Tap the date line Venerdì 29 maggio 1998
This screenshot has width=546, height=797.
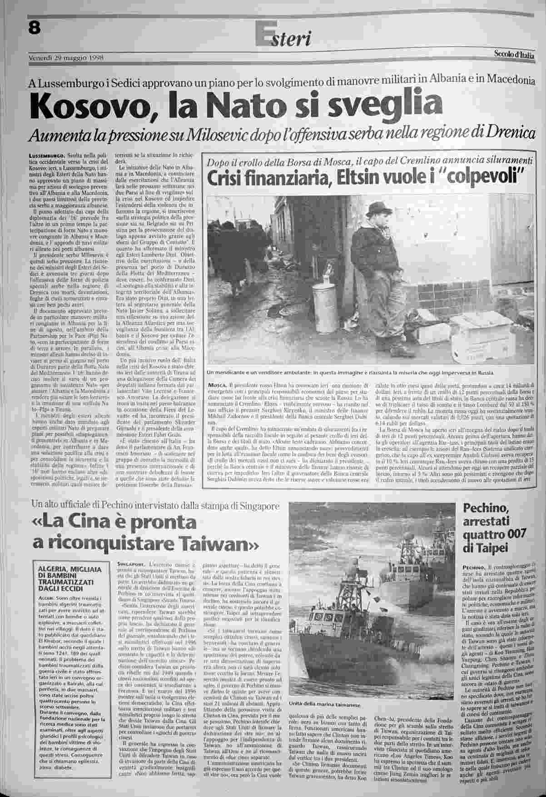click(67, 58)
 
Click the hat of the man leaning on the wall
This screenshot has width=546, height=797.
click(376, 209)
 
